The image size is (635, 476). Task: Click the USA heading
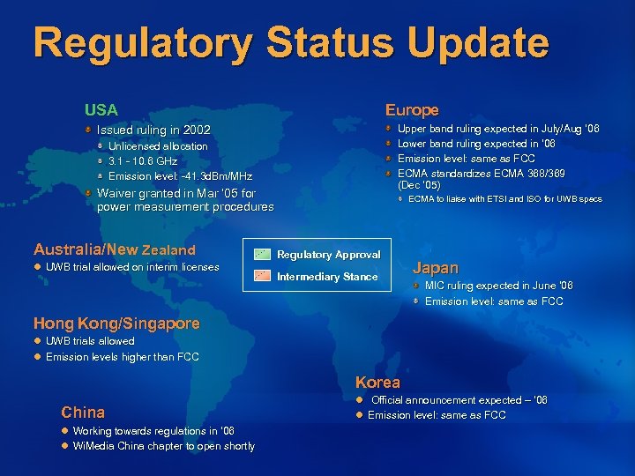point(101,110)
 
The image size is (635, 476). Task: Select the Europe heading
point(412,110)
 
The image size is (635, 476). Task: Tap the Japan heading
point(437,267)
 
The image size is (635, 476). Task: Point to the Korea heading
point(377,383)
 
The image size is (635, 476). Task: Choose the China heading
point(83,412)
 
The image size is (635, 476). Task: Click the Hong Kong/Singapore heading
point(116,324)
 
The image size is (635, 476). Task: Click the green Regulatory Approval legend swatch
point(262,254)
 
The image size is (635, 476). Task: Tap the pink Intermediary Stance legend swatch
point(262,276)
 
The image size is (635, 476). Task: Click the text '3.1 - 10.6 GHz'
point(143,161)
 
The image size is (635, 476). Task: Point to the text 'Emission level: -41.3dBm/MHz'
point(180,176)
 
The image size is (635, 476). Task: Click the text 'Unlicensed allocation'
point(158,146)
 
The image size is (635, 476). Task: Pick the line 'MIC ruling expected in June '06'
point(498,286)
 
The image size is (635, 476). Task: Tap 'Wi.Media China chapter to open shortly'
point(163,446)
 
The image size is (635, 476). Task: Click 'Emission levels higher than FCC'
point(122,357)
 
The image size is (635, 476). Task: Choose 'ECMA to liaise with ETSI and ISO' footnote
point(505,199)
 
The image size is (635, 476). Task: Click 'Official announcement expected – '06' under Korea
point(459,400)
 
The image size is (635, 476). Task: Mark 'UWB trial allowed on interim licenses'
point(132,267)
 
